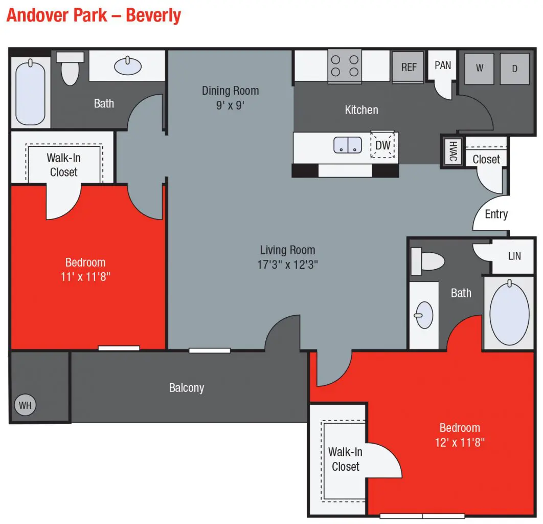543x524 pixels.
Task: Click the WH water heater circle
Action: [25, 405]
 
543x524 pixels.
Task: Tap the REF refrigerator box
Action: [408, 67]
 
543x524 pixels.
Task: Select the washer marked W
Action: [479, 68]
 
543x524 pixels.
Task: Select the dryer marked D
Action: [514, 68]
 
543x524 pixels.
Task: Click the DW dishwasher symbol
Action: [383, 145]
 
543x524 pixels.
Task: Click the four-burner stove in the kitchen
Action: [345, 65]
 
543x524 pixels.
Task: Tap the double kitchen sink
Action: [348, 145]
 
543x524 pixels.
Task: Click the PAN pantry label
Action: [443, 65]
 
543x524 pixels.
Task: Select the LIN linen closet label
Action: [514, 255]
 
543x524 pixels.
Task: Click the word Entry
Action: [496, 214]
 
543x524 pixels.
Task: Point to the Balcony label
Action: [187, 388]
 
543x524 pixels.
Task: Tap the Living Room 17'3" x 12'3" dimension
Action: [287, 265]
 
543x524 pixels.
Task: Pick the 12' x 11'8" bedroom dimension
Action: [460, 442]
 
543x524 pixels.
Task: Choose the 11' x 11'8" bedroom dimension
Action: [85, 277]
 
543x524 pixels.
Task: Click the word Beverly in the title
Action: [153, 15]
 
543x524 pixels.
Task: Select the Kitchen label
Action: [361, 110]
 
